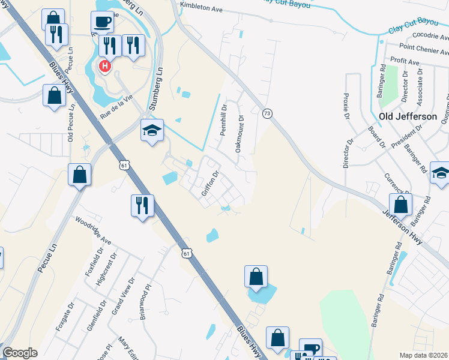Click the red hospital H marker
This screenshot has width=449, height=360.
pyautogui.click(x=105, y=65)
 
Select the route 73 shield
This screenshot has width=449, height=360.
pyautogui.click(x=267, y=113)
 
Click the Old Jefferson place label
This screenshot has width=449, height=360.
pyautogui.click(x=408, y=116)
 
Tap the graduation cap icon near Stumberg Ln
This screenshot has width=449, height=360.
pyautogui.click(x=152, y=130)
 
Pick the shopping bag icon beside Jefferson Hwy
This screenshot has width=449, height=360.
pyautogui.click(x=400, y=204)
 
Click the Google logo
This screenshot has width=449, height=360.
pyautogui.click(x=20, y=353)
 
